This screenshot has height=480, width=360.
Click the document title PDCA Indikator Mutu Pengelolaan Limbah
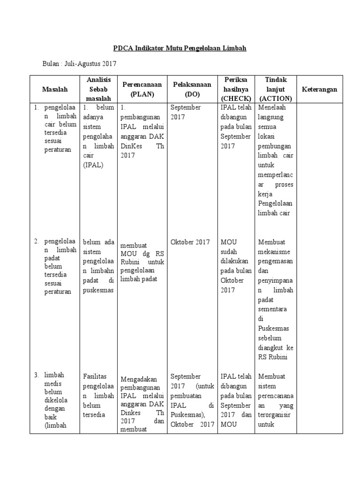pos(180,48)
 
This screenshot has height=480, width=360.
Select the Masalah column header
pos(55,89)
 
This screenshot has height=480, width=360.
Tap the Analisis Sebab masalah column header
pos(99,89)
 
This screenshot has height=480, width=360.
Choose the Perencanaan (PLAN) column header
pos(142,89)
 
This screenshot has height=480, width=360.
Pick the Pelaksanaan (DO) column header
pos(192,89)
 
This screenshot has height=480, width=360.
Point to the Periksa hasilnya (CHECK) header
pos(235,89)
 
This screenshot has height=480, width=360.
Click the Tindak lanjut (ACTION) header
pos(275,89)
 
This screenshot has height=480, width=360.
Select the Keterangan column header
pos(319,89)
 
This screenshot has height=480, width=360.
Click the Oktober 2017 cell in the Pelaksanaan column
pos(190,242)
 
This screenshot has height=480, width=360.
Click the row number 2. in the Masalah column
pos(37,241)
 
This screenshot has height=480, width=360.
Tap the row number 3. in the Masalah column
pos(37,375)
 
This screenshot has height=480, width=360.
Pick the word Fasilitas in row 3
pos(96,376)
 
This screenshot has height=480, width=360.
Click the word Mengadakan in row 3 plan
pos(138,379)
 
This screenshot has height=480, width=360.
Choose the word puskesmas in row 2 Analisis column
pos(98,290)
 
